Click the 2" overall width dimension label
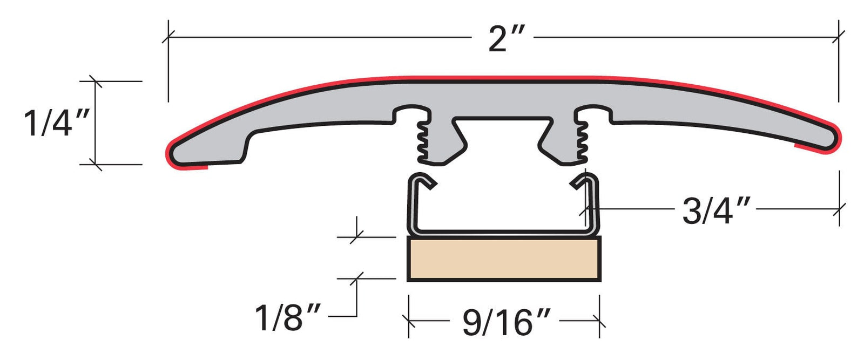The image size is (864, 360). tap(505, 39)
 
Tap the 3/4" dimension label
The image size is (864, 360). tap(716, 210)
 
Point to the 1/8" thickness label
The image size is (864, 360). tap(288, 317)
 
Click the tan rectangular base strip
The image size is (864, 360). tap(504, 260)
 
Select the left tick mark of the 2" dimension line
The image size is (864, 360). tap(168, 37)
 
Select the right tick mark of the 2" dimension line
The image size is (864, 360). tap(839, 37)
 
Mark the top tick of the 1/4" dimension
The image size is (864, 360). tap(96, 81)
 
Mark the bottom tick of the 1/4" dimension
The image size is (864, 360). tap(96, 164)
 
